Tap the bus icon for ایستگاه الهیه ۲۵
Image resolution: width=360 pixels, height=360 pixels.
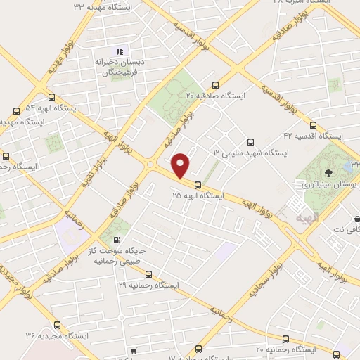[x=198, y=186]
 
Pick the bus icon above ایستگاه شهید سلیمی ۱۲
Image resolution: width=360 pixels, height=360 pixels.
[x=251, y=141]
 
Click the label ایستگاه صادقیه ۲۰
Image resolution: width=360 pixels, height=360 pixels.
[x=215, y=95]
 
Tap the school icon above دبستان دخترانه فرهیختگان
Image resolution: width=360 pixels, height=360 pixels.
[x=120, y=51]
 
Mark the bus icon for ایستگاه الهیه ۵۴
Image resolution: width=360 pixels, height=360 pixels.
[x=51, y=98]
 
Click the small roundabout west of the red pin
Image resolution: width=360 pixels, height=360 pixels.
[x=150, y=165]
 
